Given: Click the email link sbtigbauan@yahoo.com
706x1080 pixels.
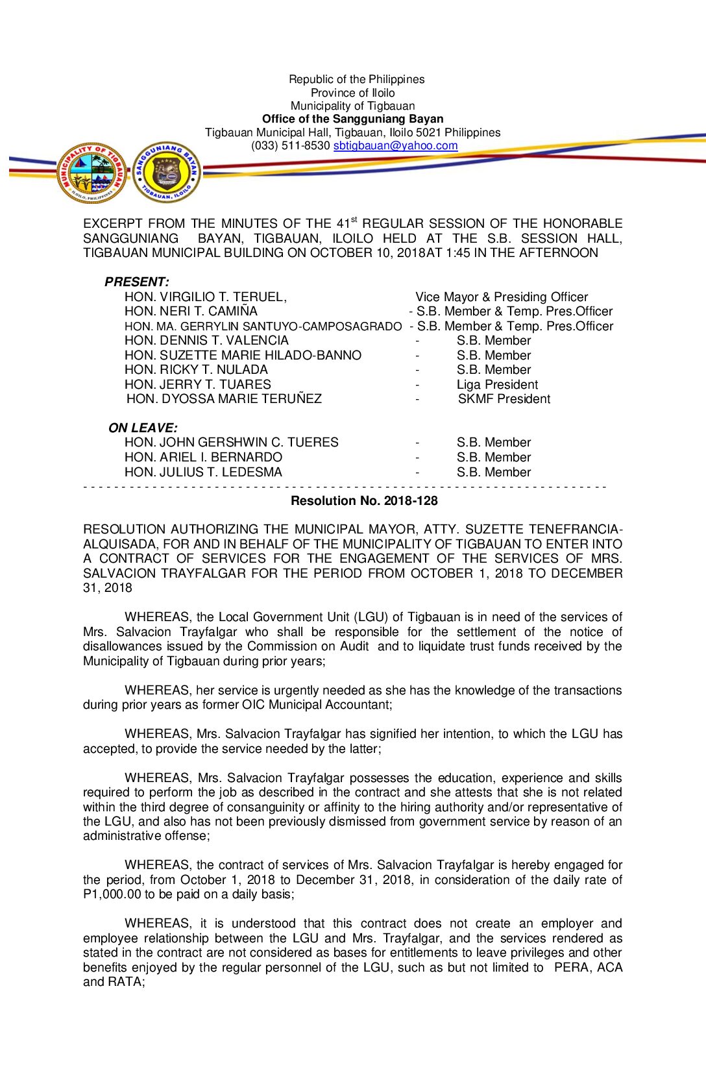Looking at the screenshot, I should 395,146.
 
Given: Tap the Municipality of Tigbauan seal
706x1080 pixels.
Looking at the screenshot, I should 91,173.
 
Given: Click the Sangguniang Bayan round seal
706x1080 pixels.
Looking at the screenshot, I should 167,173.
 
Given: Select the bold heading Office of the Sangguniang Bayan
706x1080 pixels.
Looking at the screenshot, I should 352,119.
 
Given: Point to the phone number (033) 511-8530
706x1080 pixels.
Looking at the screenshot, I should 291,146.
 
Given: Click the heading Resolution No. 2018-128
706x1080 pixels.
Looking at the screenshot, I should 364,500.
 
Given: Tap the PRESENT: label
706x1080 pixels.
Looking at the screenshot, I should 137,282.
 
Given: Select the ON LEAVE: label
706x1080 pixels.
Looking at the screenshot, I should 143,428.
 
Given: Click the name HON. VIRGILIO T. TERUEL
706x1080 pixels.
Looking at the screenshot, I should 205,297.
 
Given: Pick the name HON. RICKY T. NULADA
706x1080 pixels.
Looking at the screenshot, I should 196,369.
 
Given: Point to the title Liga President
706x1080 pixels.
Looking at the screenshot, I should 497,384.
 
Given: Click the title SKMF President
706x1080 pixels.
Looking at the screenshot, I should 504,399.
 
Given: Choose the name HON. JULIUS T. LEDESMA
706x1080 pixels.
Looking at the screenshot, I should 203,472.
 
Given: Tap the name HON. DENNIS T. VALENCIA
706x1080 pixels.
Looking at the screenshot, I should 206,340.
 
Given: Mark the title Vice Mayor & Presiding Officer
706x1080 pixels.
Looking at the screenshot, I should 502,297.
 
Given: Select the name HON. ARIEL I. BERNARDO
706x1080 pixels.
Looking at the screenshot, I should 203,457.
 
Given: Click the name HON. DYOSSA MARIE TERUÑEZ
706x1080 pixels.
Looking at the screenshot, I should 224,399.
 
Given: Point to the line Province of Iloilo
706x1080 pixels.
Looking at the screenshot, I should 352,93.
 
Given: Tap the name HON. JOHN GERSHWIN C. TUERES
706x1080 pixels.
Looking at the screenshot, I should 231,442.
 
